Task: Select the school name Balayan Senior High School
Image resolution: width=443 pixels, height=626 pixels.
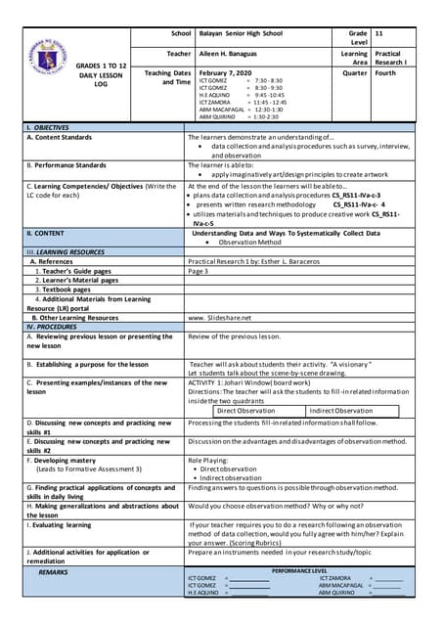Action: click(x=241, y=33)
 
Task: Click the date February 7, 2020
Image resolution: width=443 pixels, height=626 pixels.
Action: click(x=225, y=73)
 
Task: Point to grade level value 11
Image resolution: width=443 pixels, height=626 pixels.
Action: click(x=379, y=33)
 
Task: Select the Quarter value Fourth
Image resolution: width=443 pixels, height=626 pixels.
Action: click(x=385, y=73)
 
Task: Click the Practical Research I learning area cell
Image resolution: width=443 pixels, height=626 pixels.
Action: click(x=387, y=59)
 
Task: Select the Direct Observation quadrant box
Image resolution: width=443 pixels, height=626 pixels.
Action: click(x=245, y=411)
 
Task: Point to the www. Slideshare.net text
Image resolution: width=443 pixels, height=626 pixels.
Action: click(x=219, y=318)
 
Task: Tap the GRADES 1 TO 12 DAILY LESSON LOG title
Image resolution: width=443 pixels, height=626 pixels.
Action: click(x=104, y=76)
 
